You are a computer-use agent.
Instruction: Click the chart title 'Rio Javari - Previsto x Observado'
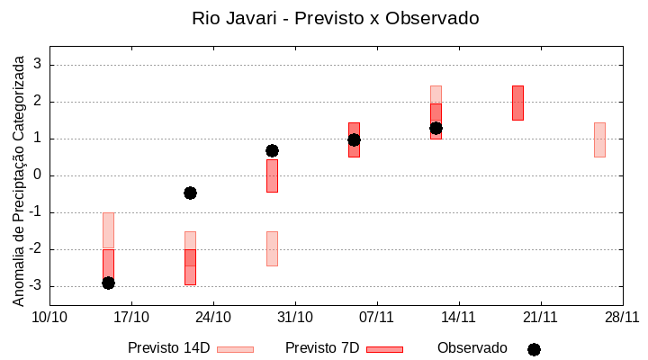pyautogui.click(x=335, y=18)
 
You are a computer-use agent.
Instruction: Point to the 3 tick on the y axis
pyautogui.click(x=39, y=65)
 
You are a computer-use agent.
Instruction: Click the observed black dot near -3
pyautogui.click(x=108, y=283)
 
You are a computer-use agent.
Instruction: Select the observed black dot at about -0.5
pyautogui.click(x=190, y=193)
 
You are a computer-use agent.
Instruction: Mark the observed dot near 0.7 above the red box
pyautogui.click(x=272, y=150)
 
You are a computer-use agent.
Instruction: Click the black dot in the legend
pyautogui.click(x=534, y=349)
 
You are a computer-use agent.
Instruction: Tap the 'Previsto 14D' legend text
pyautogui.click(x=168, y=348)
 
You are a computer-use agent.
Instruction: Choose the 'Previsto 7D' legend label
pyautogui.click(x=322, y=348)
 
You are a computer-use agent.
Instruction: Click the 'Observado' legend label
pyautogui.click(x=472, y=348)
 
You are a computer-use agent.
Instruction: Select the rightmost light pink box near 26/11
pyautogui.click(x=599, y=139)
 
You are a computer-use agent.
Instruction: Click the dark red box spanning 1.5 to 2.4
pyautogui.click(x=517, y=103)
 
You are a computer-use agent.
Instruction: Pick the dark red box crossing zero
pyautogui.click(x=272, y=176)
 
